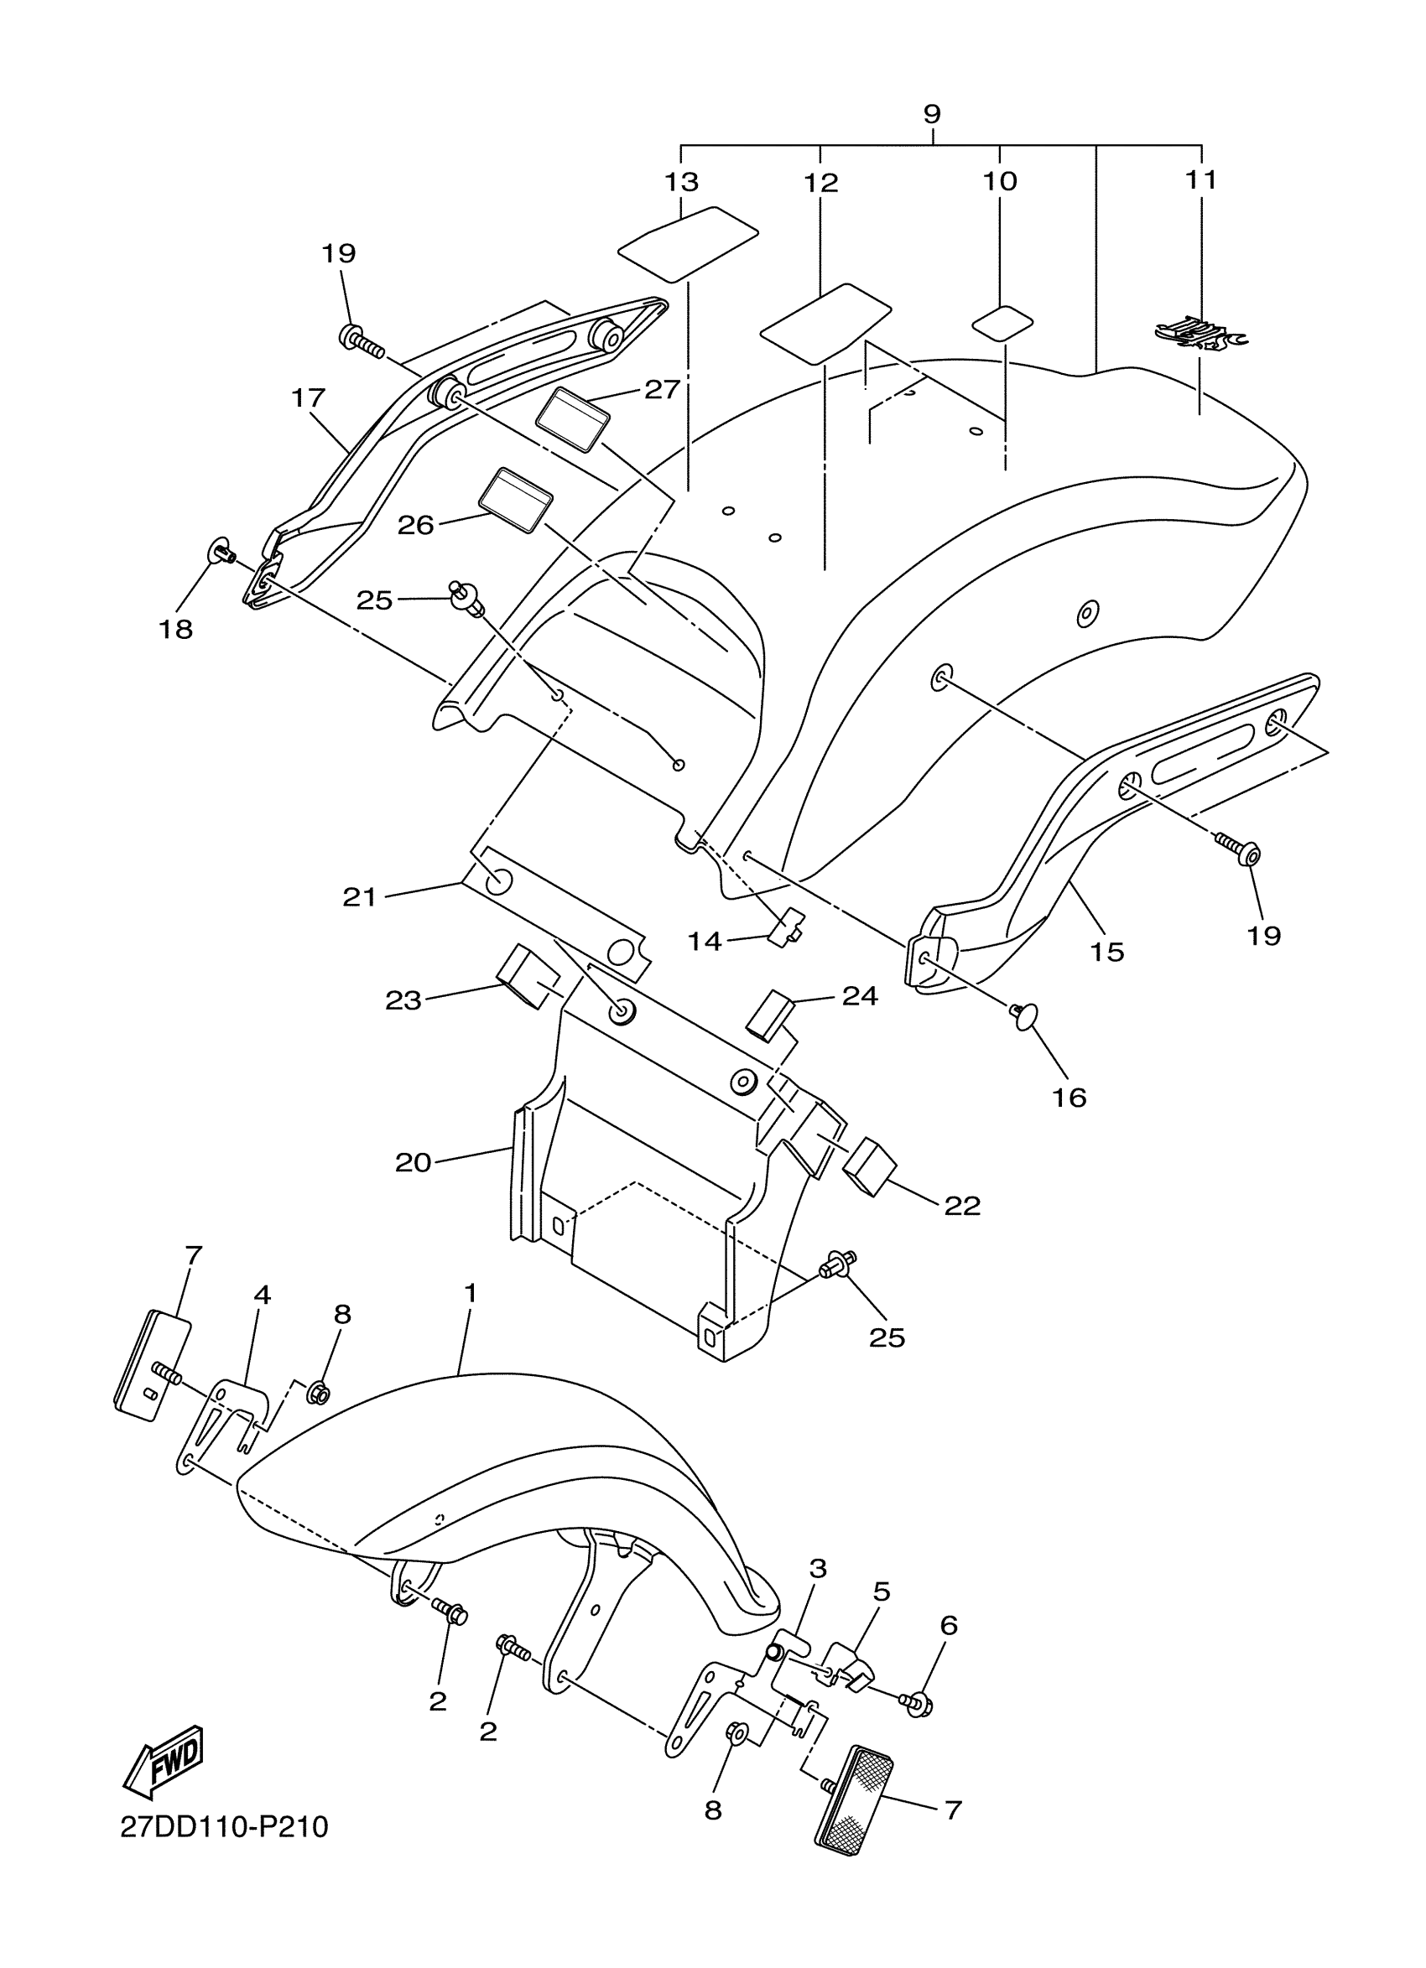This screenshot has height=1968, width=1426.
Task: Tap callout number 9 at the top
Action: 931,114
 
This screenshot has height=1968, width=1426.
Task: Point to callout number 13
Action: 681,182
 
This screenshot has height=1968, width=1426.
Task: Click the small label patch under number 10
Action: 1002,323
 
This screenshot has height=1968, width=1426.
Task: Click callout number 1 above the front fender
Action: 470,1317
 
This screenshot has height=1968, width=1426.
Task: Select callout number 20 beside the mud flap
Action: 414,1162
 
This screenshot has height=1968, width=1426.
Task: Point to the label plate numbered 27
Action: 572,420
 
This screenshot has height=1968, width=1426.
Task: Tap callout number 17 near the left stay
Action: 308,398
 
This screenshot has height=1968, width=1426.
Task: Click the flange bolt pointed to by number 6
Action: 919,1701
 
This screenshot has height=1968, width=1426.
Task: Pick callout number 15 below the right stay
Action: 1106,952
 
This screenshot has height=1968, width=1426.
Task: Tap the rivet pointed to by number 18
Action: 221,550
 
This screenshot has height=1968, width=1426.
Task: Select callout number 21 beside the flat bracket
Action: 359,897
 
